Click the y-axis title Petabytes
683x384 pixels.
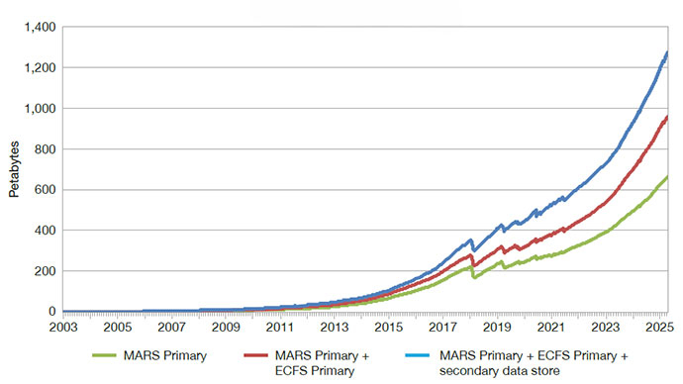[x=14, y=169]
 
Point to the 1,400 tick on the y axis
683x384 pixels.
[x=38, y=27]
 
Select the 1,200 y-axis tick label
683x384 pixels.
[x=38, y=67]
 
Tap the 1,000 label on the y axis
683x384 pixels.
[x=38, y=108]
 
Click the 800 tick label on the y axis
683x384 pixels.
[x=44, y=149]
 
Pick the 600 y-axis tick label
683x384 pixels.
[x=44, y=190]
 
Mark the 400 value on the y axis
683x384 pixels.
[x=44, y=231]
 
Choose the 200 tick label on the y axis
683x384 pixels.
[x=44, y=271]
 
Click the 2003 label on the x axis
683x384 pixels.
[x=62, y=327]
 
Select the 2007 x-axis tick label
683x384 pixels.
[x=172, y=327]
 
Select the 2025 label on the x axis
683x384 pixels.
[x=659, y=327]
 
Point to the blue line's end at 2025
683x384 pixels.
[x=667, y=51]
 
